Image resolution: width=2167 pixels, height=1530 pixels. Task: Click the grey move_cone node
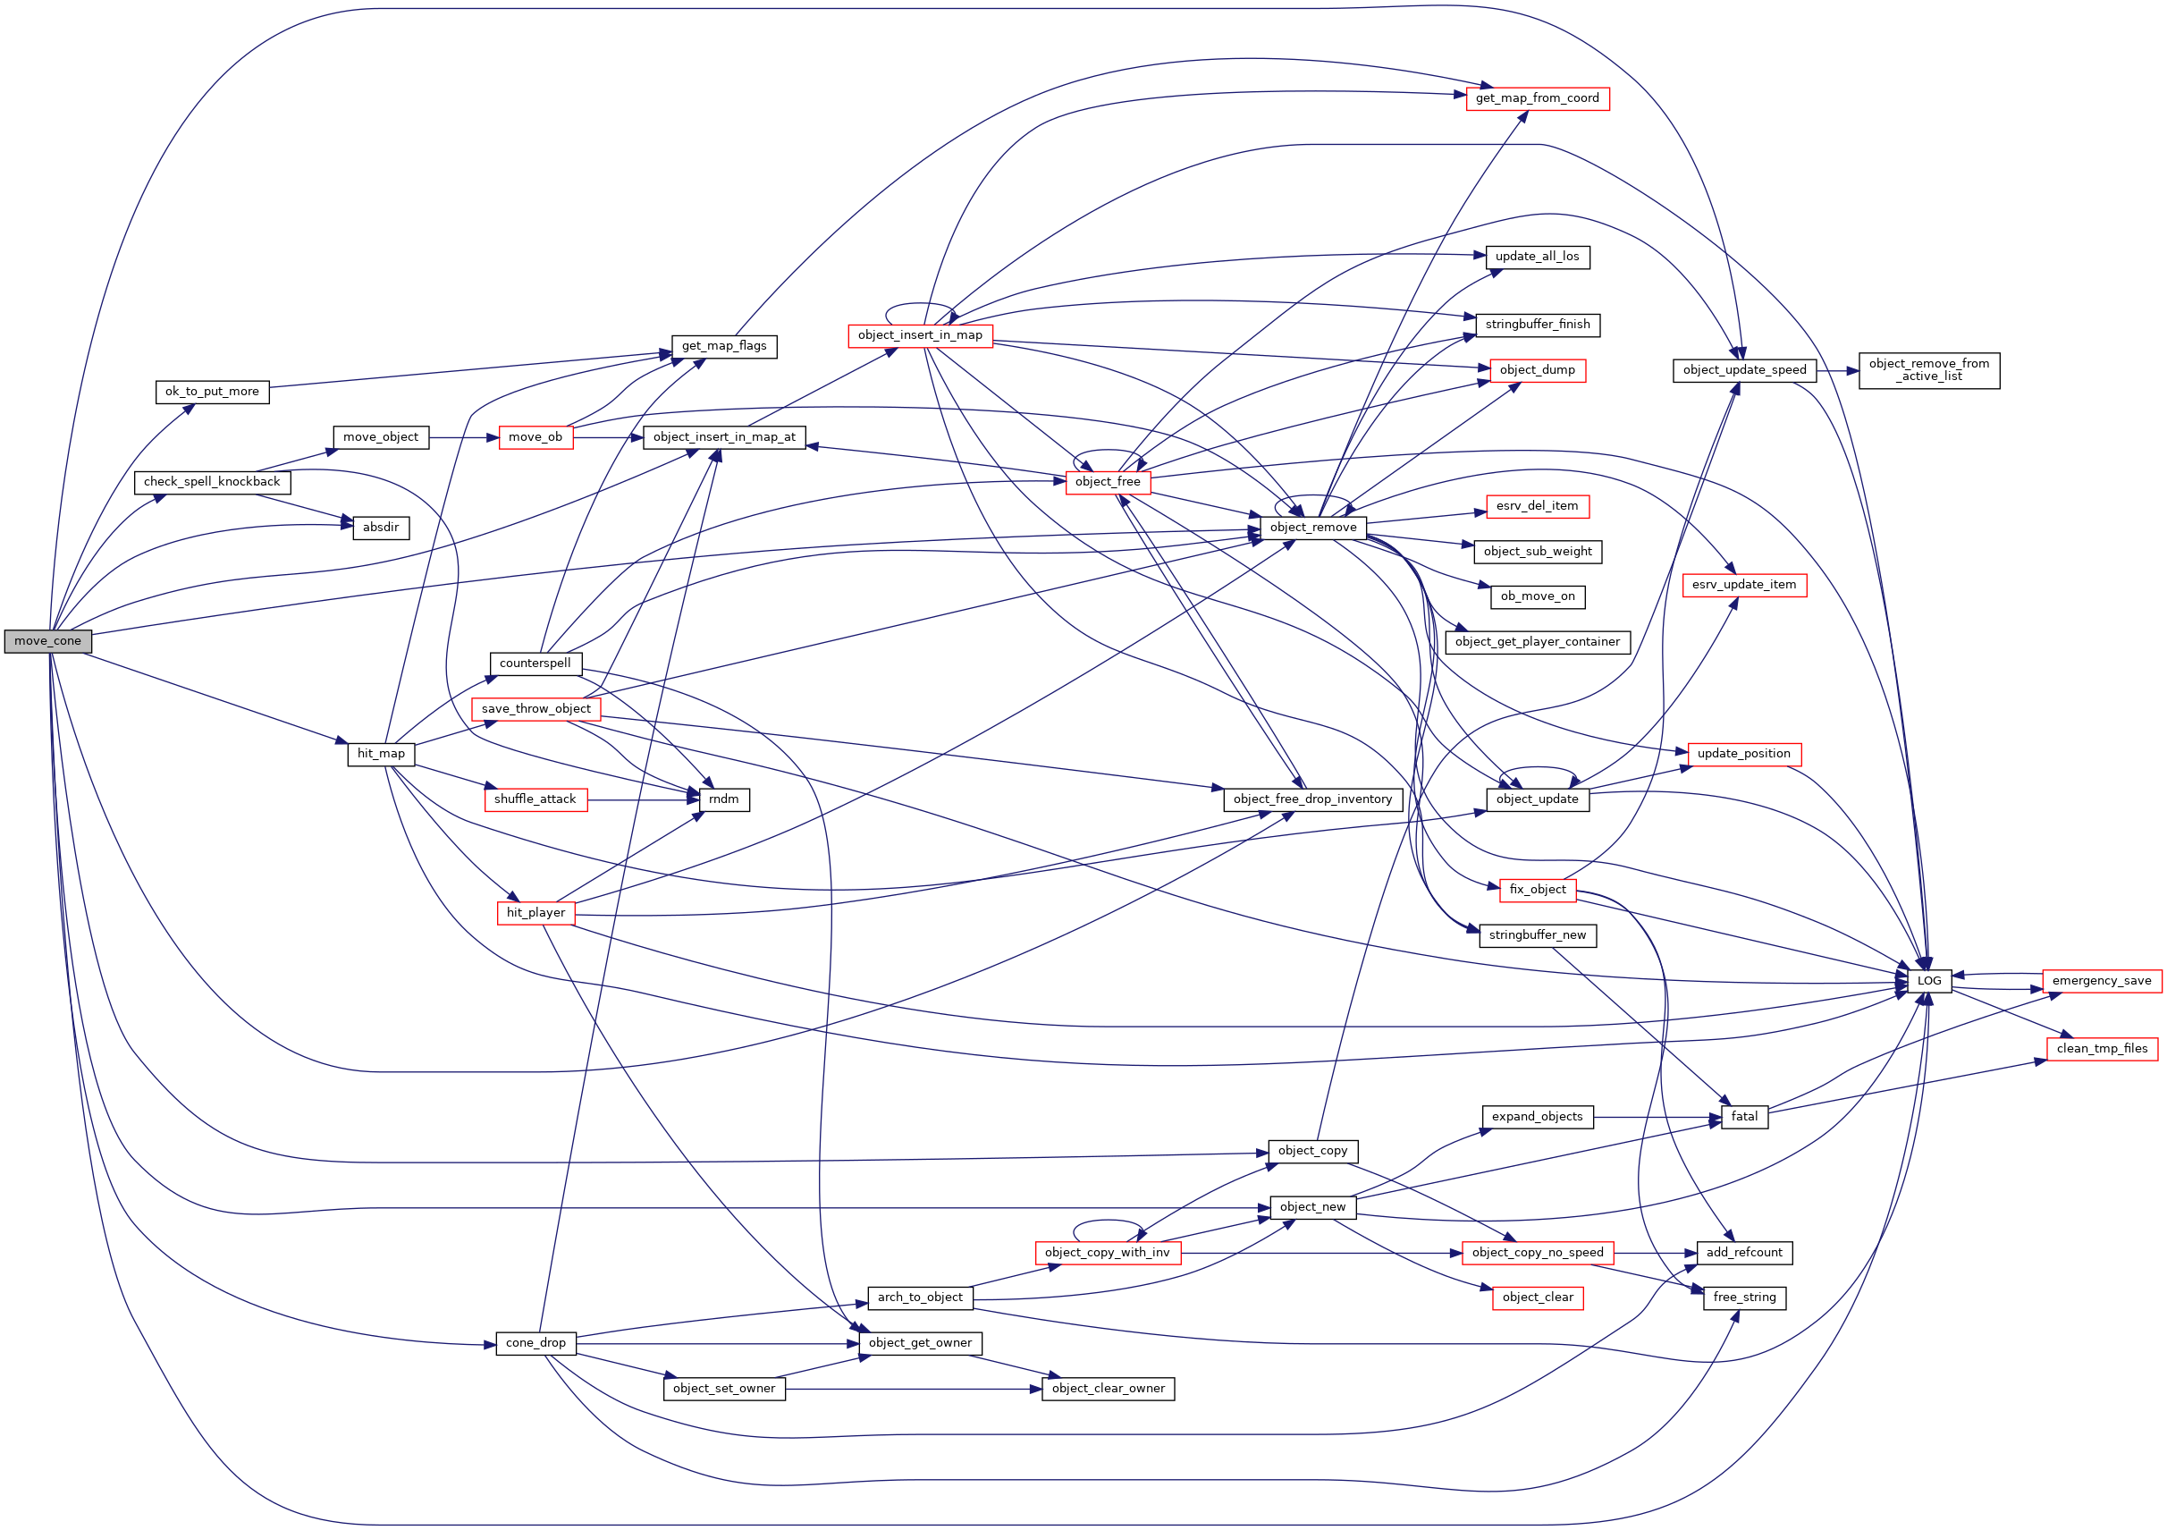point(48,642)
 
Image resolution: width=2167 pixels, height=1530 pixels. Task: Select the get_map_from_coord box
point(1537,99)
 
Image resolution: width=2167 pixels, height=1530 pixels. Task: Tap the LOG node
point(1929,982)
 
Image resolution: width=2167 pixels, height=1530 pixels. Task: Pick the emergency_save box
point(2101,982)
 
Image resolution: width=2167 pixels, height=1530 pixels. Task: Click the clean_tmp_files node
point(2101,1049)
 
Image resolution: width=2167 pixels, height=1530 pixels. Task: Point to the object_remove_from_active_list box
point(1928,370)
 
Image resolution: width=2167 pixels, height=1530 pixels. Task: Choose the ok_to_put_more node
point(213,392)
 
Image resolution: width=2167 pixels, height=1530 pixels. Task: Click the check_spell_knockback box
point(213,482)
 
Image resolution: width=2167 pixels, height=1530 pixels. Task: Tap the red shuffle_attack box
point(535,799)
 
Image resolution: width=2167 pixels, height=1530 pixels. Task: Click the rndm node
point(724,799)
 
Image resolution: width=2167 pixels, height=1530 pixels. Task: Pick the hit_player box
point(535,913)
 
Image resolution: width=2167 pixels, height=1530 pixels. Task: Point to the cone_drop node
point(535,1343)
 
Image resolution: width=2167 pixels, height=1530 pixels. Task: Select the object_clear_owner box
point(1108,1389)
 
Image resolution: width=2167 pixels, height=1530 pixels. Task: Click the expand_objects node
point(1537,1117)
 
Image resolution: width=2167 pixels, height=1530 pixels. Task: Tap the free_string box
point(1744,1298)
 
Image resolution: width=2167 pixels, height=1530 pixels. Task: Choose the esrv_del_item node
point(1537,506)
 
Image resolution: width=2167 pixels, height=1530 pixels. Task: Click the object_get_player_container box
point(1537,642)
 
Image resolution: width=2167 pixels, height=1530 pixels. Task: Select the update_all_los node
point(1537,257)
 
